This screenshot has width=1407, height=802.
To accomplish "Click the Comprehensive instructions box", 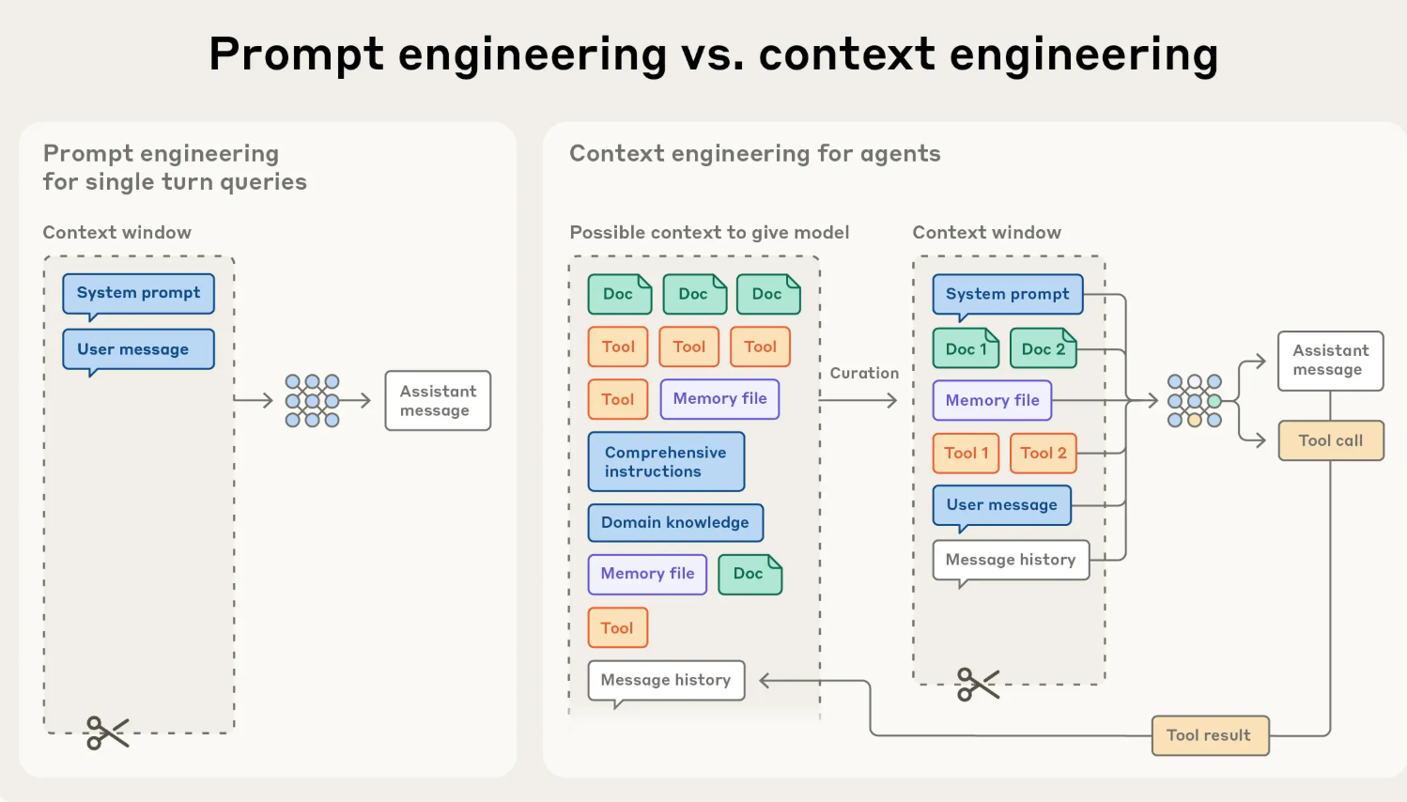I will coord(666,461).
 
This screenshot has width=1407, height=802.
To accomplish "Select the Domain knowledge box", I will coord(675,523).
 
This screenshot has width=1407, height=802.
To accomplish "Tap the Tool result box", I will coord(1210,735).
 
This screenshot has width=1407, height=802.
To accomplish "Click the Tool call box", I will coord(1331,440).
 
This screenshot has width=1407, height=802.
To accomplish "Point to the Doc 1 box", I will coord(966,348).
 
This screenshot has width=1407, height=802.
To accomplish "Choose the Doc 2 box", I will coord(1043,348).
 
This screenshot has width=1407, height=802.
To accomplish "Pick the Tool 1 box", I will coord(966,454).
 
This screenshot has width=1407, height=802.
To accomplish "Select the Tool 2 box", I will coord(1043,454).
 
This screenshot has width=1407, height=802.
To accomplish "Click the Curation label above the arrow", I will coord(864,373).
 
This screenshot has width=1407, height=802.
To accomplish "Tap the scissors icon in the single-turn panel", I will coord(107,733).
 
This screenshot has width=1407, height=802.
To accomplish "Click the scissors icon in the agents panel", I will coord(977,685).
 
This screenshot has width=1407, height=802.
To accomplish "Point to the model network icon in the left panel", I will coord(312,401).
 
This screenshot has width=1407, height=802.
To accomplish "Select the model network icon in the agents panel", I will coord(1194,401).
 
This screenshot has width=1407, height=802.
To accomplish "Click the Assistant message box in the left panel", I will coord(438,401).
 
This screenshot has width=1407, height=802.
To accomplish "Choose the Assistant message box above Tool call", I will coord(1330,361).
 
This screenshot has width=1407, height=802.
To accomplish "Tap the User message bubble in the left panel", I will coord(138,349).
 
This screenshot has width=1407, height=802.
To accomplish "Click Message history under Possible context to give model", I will coord(666,680).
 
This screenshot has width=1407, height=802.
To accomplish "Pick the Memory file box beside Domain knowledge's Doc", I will coord(647,574).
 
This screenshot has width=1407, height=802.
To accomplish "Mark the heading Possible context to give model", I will coord(709,233).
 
